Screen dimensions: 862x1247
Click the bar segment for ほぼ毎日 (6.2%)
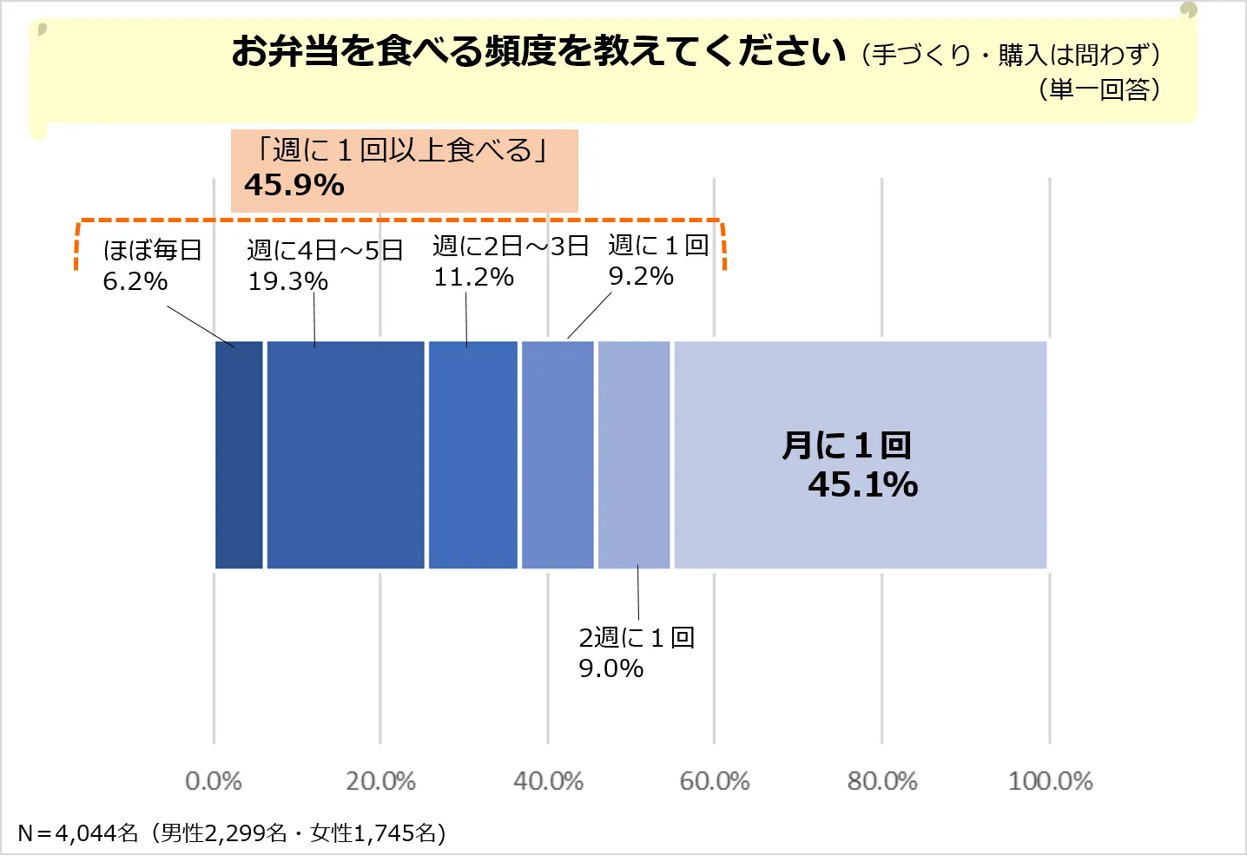pyautogui.click(x=239, y=455)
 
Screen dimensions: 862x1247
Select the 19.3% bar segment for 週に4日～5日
pyautogui.click(x=346, y=455)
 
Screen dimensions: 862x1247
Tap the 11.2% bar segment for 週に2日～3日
pyautogui.click(x=472, y=455)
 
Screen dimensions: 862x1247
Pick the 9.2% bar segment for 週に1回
pyautogui.click(x=558, y=455)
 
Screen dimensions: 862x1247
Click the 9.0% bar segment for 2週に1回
pyautogui.click(x=634, y=455)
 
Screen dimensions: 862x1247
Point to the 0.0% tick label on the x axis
pyautogui.click(x=214, y=781)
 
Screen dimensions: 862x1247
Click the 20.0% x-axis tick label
pyautogui.click(x=380, y=781)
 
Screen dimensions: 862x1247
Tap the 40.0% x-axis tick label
pyautogui.click(x=548, y=781)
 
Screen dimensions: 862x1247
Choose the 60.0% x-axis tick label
pyautogui.click(x=715, y=781)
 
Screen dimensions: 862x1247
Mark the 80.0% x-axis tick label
pyautogui.click(x=882, y=781)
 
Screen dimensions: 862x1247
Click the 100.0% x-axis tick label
pyautogui.click(x=1050, y=781)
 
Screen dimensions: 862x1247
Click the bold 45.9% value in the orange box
pyautogui.click(x=294, y=185)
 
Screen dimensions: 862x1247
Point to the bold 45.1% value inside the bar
pyautogui.click(x=863, y=484)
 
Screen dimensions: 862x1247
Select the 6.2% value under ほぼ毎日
pyautogui.click(x=135, y=281)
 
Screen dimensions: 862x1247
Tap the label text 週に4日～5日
pyautogui.click(x=325, y=250)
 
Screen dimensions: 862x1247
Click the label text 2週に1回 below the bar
pyautogui.click(x=637, y=638)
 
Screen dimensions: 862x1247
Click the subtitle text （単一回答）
pyautogui.click(x=1099, y=89)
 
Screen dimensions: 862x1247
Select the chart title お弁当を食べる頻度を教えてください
pyautogui.click(x=538, y=51)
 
